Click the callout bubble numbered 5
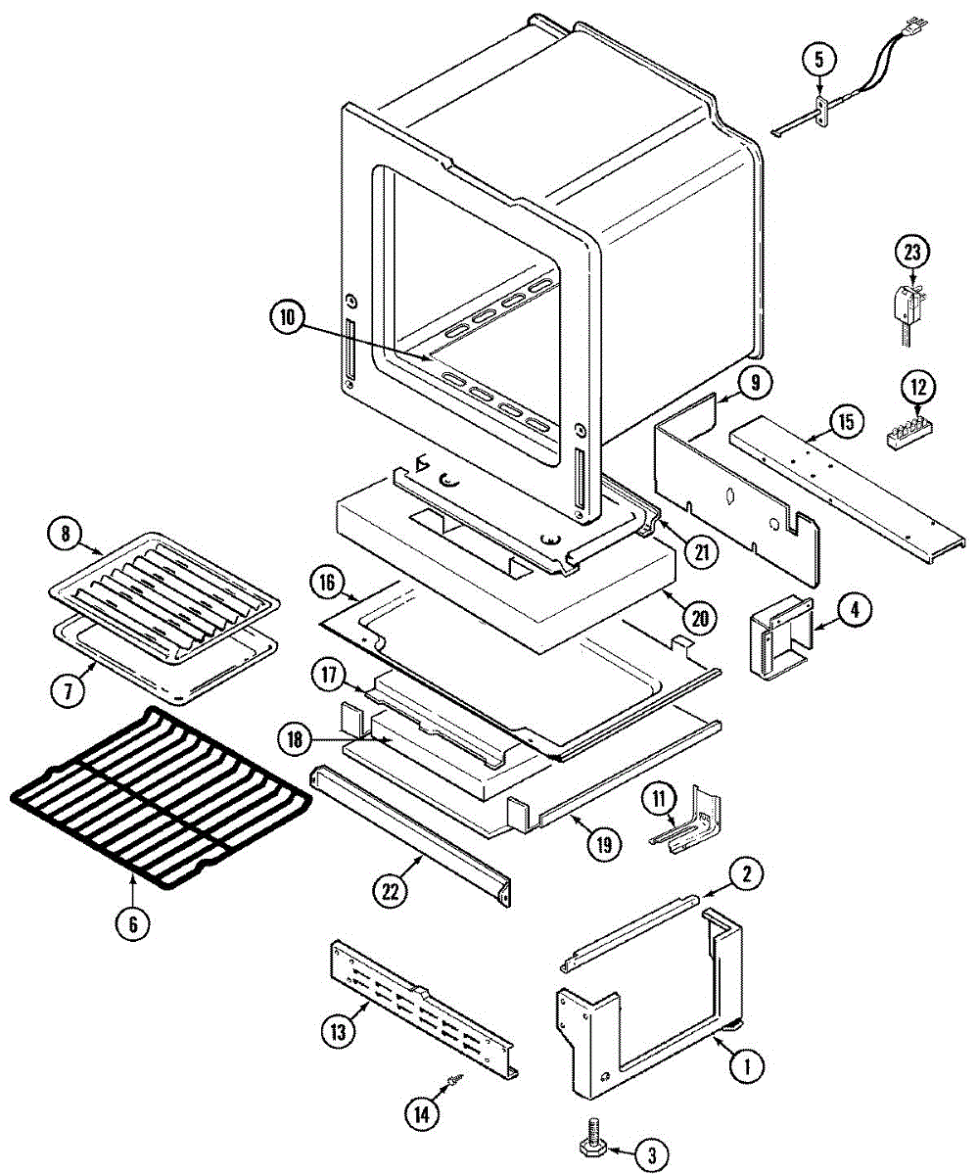[820, 59]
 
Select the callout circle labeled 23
[912, 252]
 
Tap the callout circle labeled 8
[67, 535]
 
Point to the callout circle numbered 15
[845, 422]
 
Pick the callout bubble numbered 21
[700, 551]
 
